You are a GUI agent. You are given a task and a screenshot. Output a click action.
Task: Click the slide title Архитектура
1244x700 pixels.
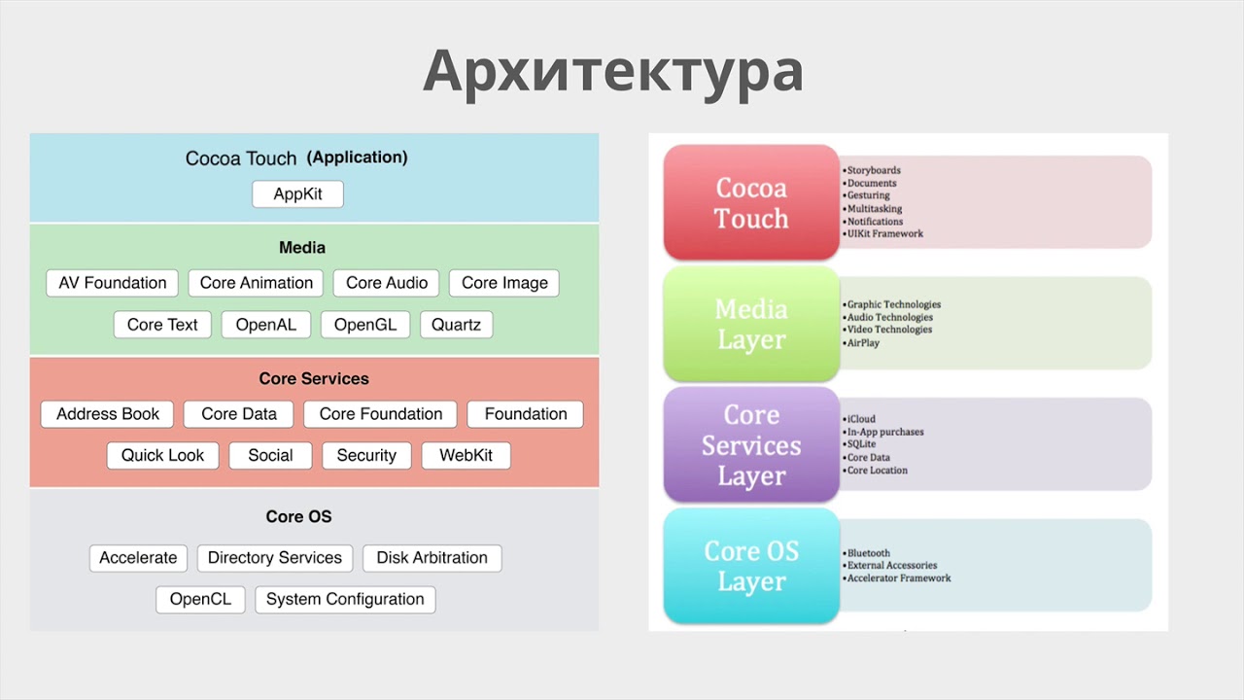tap(613, 72)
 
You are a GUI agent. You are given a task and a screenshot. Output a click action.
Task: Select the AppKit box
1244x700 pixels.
tap(297, 194)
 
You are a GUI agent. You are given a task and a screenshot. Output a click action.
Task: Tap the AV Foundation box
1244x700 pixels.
tap(113, 283)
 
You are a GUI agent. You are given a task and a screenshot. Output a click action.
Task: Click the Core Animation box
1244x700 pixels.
tap(257, 283)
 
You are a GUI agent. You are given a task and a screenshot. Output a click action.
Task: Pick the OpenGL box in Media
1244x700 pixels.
tap(365, 325)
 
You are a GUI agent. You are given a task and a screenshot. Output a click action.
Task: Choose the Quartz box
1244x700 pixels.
tap(456, 325)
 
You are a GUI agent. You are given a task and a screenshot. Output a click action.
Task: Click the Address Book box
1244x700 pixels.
tap(108, 414)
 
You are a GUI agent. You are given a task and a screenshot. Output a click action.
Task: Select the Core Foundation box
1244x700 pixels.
tap(381, 414)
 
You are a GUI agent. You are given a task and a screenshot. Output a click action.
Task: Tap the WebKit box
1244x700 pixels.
tap(466, 455)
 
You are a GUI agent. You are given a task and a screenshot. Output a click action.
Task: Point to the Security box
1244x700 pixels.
tap(366, 455)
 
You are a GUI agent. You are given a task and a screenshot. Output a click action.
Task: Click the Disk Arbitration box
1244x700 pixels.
tap(432, 558)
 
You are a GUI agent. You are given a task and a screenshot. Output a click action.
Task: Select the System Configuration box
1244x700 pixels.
tap(345, 599)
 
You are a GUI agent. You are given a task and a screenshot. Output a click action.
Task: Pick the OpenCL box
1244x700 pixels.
tap(200, 599)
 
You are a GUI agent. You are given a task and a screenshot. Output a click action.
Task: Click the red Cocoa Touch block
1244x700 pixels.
tap(751, 203)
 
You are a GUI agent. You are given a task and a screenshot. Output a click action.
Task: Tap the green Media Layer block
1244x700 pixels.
tap(751, 325)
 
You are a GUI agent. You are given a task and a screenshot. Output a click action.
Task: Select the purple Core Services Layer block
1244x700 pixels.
tap(751, 445)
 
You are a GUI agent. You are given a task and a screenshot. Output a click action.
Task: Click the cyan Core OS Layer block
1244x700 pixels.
tap(751, 566)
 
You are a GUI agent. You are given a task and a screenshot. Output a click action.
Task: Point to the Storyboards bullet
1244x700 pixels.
tap(874, 171)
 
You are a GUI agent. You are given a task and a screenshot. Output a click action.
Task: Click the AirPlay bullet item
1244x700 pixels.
tap(863, 342)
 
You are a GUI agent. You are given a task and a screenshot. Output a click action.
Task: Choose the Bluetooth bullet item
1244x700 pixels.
tap(868, 553)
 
